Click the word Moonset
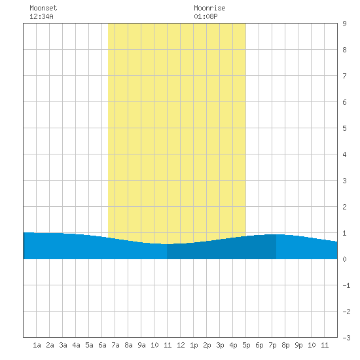click(x=43, y=8)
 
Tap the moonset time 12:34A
click(x=41, y=16)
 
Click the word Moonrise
click(x=209, y=8)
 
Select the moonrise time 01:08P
click(x=206, y=16)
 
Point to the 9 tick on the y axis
click(x=344, y=24)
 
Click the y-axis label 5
click(x=344, y=128)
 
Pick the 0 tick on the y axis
click(x=344, y=259)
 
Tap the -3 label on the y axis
click(x=346, y=338)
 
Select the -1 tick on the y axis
click(x=346, y=285)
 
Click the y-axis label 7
click(x=344, y=76)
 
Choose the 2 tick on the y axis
click(x=344, y=207)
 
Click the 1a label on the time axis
click(x=37, y=345)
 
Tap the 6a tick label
click(x=102, y=345)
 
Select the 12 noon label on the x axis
click(x=181, y=345)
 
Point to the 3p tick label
click(x=220, y=345)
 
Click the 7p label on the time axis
click(x=272, y=345)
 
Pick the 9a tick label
click(x=141, y=345)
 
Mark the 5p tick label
click(x=246, y=345)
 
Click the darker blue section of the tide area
click(x=221, y=249)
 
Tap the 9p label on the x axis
click(x=298, y=345)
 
